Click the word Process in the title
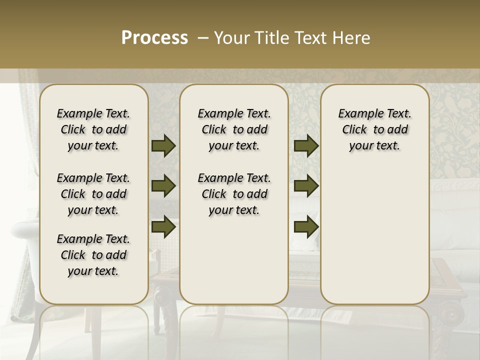tap(154, 37)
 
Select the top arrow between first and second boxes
tap(163, 145)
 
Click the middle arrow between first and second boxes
tap(163, 186)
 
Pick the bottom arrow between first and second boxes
tap(163, 226)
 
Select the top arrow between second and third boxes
tap(306, 145)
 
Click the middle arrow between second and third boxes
tap(306, 186)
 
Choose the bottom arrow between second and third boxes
tap(306, 226)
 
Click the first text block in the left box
tap(93, 129)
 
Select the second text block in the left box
tap(93, 194)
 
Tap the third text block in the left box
tap(93, 255)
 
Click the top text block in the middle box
tap(234, 129)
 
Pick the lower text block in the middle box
tap(234, 194)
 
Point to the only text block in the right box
tap(374, 129)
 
